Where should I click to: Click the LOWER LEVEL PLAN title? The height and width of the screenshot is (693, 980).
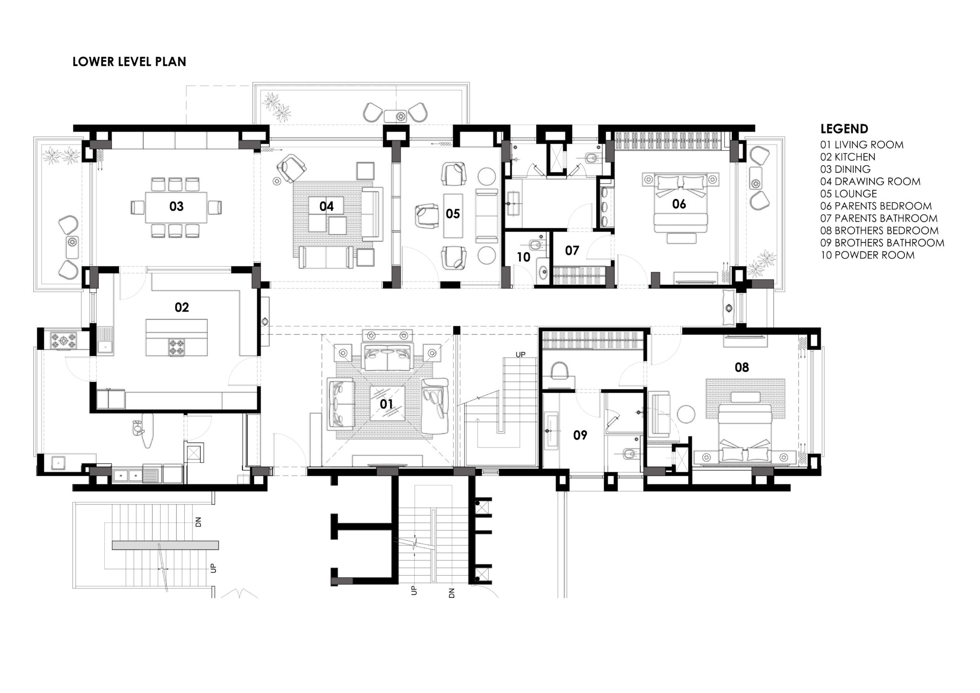pyautogui.click(x=129, y=62)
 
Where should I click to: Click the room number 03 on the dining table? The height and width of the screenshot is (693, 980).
pyautogui.click(x=176, y=206)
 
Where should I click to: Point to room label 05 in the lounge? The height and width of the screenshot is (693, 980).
pyautogui.click(x=453, y=213)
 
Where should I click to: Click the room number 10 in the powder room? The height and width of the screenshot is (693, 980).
pyautogui.click(x=523, y=257)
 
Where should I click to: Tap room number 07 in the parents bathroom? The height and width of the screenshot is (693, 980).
pyautogui.click(x=572, y=250)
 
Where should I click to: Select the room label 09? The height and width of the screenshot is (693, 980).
pyautogui.click(x=580, y=435)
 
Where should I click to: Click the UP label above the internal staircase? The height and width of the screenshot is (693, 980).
pyautogui.click(x=520, y=354)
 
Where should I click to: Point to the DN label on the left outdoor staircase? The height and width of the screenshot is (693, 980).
pyautogui.click(x=198, y=522)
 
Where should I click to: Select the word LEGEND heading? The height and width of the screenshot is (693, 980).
pyautogui.click(x=844, y=129)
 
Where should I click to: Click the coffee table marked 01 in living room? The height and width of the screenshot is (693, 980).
pyautogui.click(x=387, y=403)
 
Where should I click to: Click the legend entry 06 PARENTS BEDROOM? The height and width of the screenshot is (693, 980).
pyautogui.click(x=876, y=206)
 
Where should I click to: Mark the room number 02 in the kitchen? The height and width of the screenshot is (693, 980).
pyautogui.click(x=182, y=307)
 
